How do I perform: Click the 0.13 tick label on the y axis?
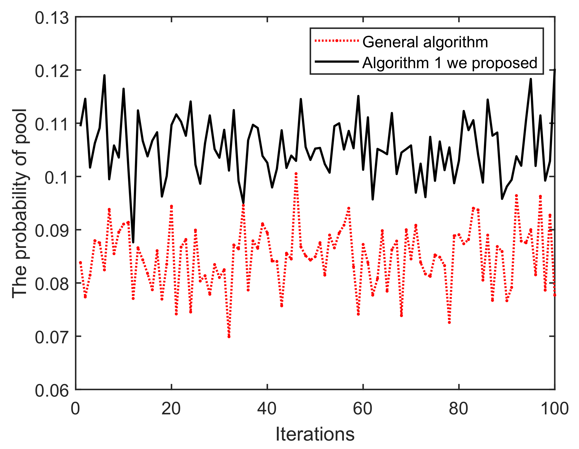52,18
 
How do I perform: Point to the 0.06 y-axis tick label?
52,391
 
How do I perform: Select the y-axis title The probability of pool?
20,203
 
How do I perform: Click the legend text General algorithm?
425,42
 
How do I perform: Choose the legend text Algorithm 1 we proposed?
450,63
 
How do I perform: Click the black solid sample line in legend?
336,62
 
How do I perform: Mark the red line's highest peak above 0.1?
296,174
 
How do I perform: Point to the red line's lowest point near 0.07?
229,337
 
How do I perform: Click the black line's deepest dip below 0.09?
133,242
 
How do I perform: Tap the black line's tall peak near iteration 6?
105,75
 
